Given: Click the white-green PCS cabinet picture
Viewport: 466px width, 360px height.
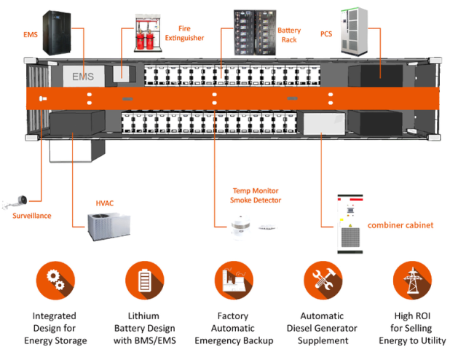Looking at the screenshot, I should [357, 33].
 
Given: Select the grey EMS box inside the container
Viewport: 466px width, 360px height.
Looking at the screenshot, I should [83, 76].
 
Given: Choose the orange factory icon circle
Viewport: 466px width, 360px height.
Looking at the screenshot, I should [233, 281].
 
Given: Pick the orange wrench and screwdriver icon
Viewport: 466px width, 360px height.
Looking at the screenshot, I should [322, 281].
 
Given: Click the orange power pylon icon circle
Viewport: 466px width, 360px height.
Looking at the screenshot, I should [411, 281].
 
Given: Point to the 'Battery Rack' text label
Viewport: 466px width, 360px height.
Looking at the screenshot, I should [289, 35].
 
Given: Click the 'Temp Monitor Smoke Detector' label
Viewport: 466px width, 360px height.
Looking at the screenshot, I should [255, 195].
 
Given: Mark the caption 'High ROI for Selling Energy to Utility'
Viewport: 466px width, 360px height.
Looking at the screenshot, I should [412, 328].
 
